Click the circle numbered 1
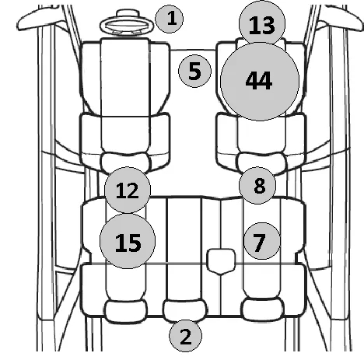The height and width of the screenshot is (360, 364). (x=169, y=19)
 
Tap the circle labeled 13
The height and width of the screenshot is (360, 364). (x=262, y=24)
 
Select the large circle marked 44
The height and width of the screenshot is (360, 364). (x=260, y=81)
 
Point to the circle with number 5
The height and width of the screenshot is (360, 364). (x=194, y=71)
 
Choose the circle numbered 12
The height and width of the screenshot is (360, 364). (x=128, y=190)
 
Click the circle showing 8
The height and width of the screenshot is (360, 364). (x=257, y=185)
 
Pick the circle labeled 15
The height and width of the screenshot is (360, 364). (x=128, y=241)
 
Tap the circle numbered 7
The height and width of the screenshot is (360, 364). (x=262, y=241)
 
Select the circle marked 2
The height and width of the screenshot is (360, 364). (x=185, y=336)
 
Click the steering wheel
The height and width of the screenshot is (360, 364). (x=126, y=25)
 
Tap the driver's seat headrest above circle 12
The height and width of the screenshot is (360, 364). (x=126, y=163)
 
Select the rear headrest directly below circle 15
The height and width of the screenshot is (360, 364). (x=126, y=312)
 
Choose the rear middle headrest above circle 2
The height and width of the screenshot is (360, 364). (x=185, y=310)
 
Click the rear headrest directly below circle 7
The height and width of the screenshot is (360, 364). (x=262, y=310)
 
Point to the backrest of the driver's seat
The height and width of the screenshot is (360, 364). (x=125, y=140)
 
